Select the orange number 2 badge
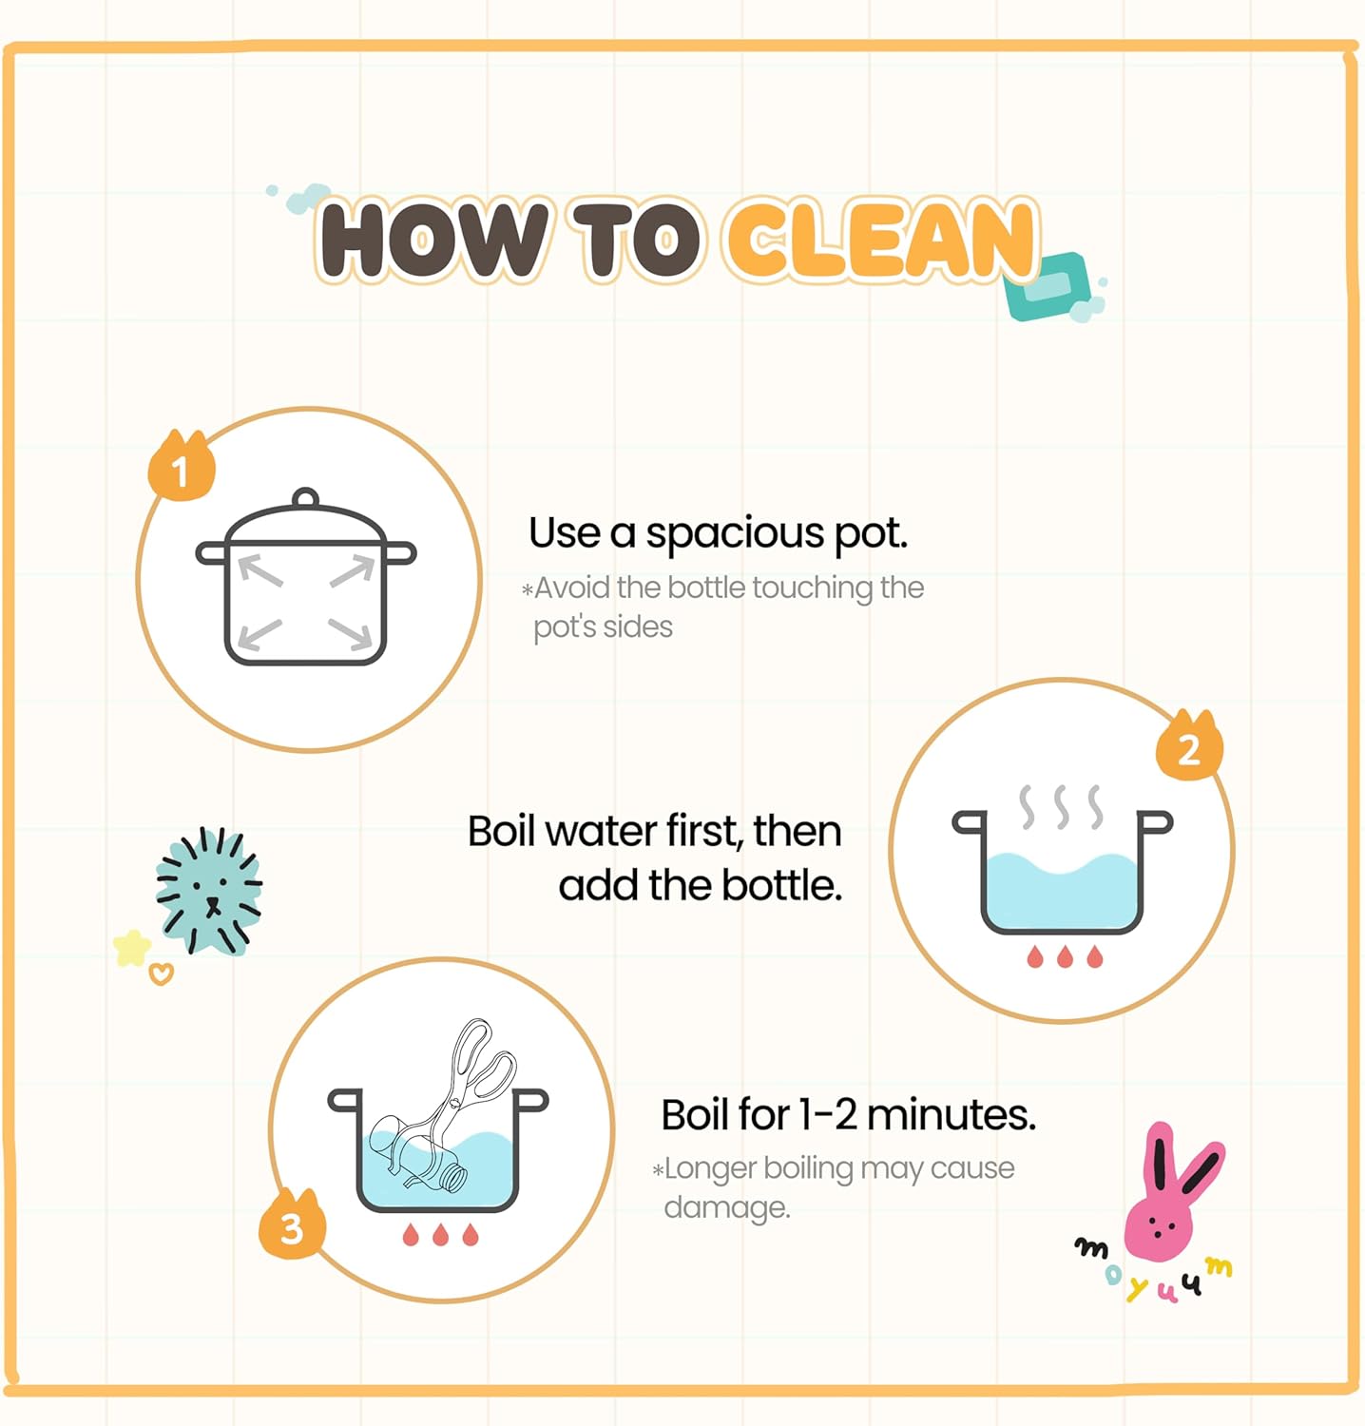(x=1189, y=745)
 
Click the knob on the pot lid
(x=305, y=499)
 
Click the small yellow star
(x=131, y=948)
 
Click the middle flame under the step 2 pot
(x=1065, y=955)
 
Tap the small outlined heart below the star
(x=162, y=973)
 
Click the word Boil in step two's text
(x=501, y=831)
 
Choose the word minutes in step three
(x=951, y=1114)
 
